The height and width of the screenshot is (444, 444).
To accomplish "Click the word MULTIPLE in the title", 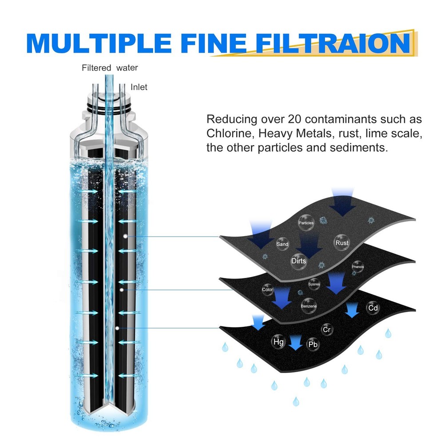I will point(96,43).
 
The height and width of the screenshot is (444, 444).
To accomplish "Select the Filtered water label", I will point(110,68).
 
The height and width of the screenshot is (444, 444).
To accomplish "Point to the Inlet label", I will point(139,87).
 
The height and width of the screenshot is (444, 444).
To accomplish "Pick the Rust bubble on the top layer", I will point(342,242).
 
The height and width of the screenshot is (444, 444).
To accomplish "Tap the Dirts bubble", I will point(299,261).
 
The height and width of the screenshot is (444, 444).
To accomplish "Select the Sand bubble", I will point(282,244).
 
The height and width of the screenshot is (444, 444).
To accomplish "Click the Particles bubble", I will point(306,223).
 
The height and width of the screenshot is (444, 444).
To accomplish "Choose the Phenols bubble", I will point(357,266).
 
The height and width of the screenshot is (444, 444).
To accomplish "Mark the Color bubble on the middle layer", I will point(267,289).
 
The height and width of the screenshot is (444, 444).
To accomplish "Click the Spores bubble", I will point(314,284).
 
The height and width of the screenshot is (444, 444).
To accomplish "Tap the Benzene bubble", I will point(309,306).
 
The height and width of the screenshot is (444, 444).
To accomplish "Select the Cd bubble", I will point(373,308).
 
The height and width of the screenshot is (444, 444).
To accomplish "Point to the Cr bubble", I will point(327,329).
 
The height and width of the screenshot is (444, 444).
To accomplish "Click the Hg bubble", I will point(278,342).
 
